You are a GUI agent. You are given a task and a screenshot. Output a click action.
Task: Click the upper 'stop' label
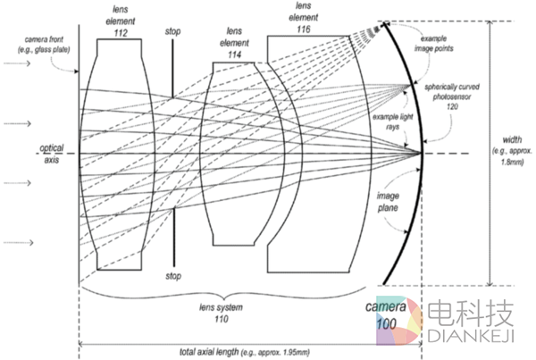(172, 32)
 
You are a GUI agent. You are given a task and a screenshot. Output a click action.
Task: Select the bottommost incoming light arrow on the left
(18, 241)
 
